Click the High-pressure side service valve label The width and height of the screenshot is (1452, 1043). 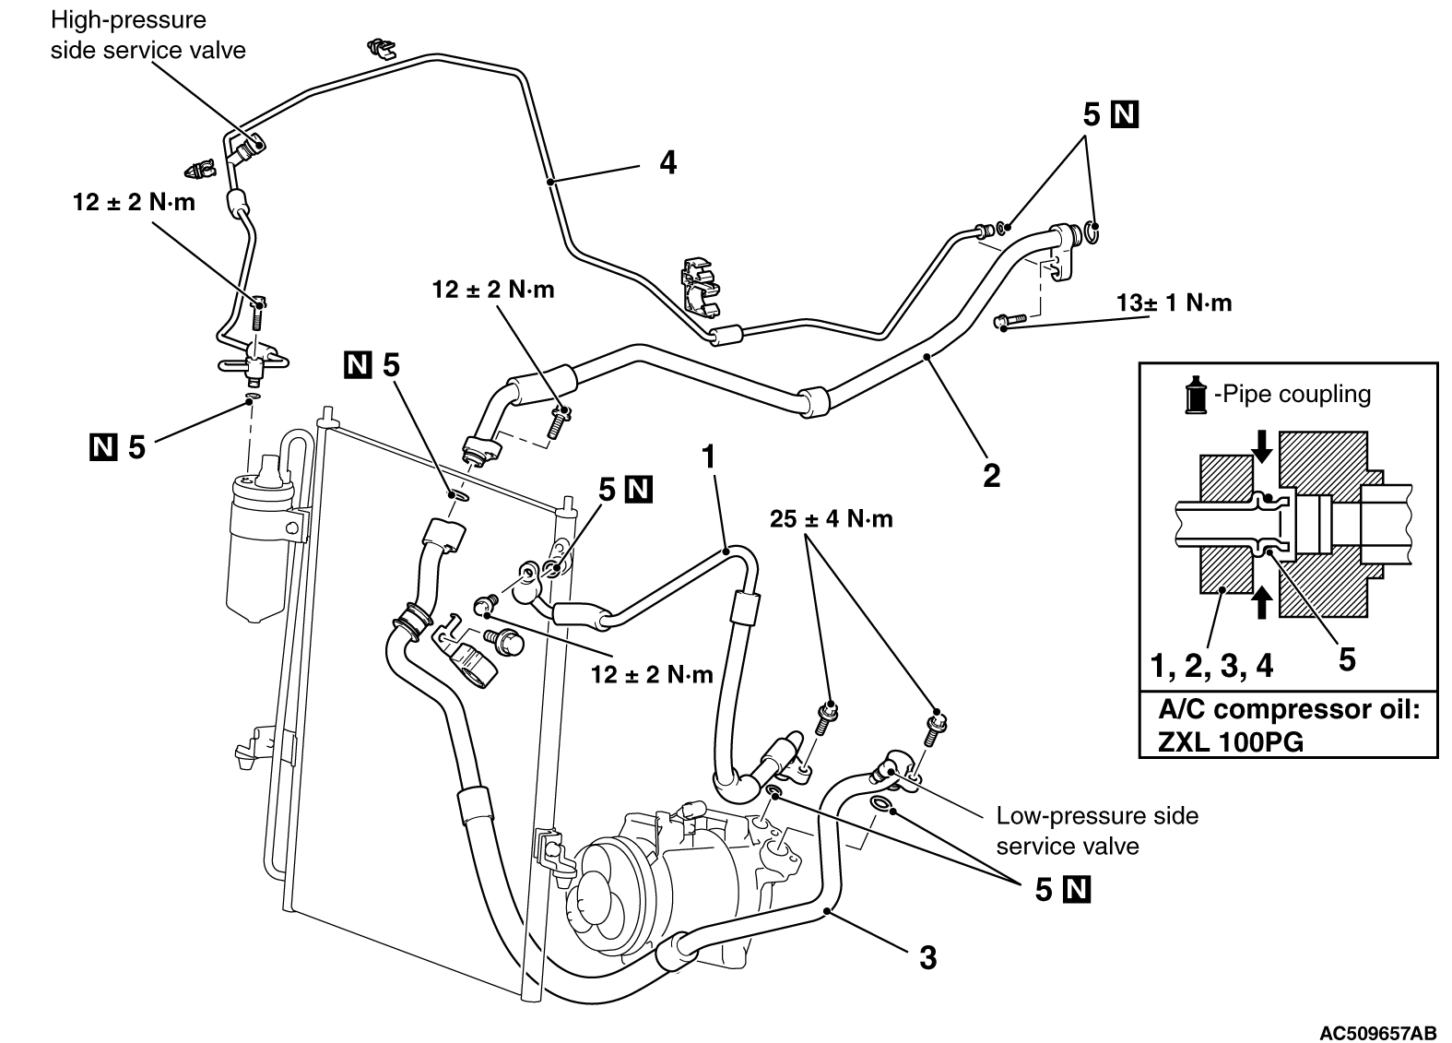pyautogui.click(x=148, y=34)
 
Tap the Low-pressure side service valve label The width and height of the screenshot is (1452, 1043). pyautogui.click(x=1096, y=831)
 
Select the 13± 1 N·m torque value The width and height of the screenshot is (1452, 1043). pyautogui.click(x=1173, y=303)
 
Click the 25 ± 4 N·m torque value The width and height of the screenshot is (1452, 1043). pyautogui.click(x=832, y=519)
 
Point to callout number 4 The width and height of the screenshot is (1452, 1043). pyautogui.click(x=667, y=163)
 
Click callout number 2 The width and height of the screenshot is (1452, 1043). pyautogui.click(x=991, y=476)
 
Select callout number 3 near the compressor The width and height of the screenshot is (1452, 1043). pyautogui.click(x=928, y=957)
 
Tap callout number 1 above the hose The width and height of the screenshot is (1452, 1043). pyautogui.click(x=709, y=455)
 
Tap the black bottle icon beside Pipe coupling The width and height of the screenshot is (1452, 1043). pyautogui.click(x=1197, y=395)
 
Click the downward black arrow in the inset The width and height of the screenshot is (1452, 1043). pyautogui.click(x=1262, y=448)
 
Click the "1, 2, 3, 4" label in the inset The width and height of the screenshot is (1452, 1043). pyautogui.click(x=1211, y=664)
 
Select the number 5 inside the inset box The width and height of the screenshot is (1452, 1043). pyautogui.click(x=1347, y=659)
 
